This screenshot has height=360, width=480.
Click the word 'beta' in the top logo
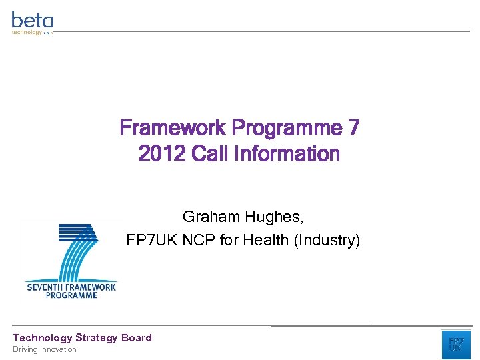(x=32, y=19)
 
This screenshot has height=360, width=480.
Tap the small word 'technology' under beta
(x=27, y=32)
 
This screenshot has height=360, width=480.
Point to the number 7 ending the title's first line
(x=353, y=128)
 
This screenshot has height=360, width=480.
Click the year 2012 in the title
(x=162, y=154)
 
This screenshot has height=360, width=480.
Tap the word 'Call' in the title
(x=209, y=154)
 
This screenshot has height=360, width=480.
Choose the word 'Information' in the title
(x=286, y=154)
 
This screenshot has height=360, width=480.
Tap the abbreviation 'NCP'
(x=201, y=240)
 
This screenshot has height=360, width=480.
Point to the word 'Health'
(x=266, y=240)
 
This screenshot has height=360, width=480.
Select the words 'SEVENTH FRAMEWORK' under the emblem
(x=71, y=287)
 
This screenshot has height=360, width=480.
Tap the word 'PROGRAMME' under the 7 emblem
(x=71, y=295)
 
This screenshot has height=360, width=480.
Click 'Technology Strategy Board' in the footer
(x=82, y=338)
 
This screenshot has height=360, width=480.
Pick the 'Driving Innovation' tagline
(x=45, y=349)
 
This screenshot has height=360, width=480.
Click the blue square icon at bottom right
(x=455, y=344)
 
